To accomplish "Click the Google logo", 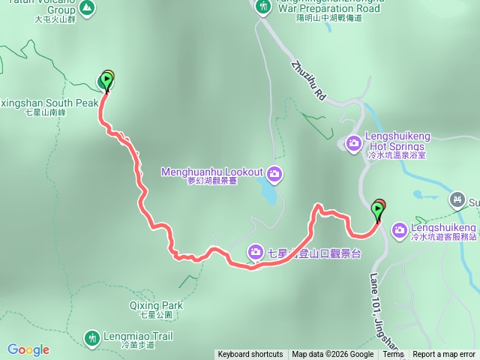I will (x=28, y=349).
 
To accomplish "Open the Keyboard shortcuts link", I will (x=250, y=355).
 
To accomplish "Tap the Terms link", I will (x=393, y=355).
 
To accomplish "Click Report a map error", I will (x=445, y=355).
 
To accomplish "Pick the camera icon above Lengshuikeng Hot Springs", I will (x=354, y=142).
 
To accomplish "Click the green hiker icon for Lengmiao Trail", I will (x=92, y=338).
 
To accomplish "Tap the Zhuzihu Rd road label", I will (x=308, y=82).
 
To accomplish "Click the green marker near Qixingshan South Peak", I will (x=104, y=81).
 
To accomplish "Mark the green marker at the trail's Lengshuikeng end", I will (x=377, y=211).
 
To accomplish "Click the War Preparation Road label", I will (x=330, y=10).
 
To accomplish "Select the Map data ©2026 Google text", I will (x=332, y=355).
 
